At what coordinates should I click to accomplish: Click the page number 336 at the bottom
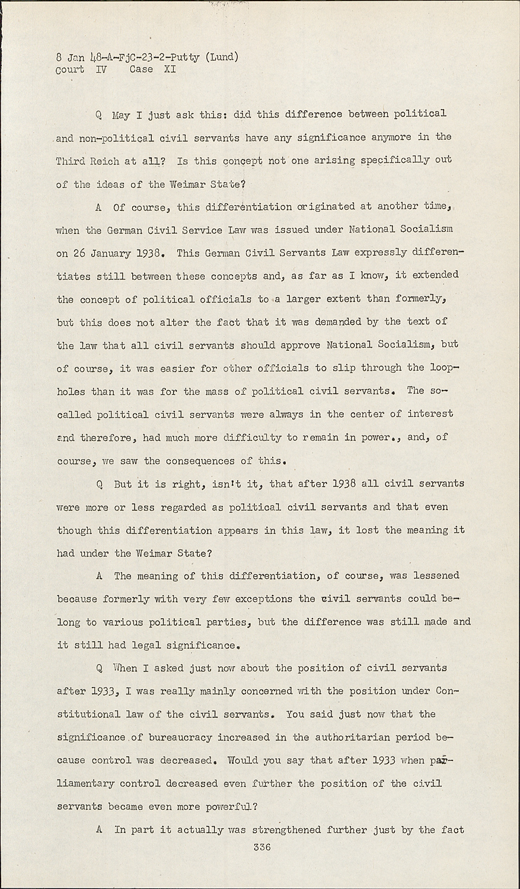tap(261, 848)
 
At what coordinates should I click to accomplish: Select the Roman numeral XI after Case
tap(170, 69)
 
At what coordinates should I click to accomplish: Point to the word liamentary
tap(85, 784)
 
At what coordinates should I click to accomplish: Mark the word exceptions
tap(263, 599)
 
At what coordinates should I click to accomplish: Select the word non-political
tap(117, 138)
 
